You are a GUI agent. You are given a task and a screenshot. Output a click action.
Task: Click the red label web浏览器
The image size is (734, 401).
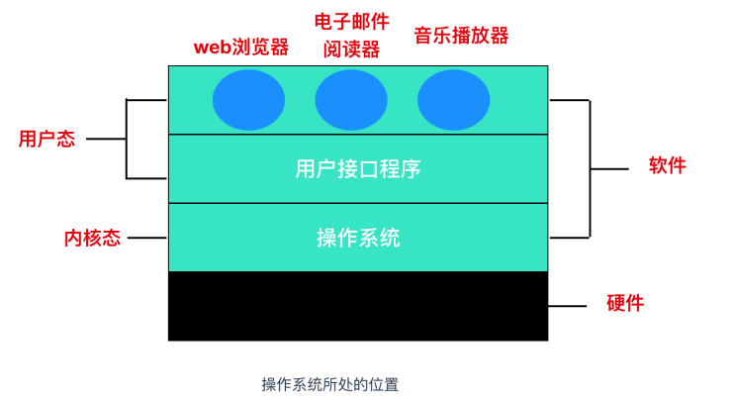tap(241, 47)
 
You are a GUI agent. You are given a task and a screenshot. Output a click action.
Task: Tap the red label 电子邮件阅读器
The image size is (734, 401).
tap(351, 36)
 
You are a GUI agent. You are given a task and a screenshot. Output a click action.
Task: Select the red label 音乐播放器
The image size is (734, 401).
tap(461, 37)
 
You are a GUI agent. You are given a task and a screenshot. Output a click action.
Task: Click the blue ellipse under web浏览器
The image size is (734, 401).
tap(249, 101)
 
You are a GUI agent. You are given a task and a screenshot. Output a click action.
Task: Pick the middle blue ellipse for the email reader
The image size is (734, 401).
tap(351, 101)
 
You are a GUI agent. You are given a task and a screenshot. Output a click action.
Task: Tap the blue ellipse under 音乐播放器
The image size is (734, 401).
tap(453, 101)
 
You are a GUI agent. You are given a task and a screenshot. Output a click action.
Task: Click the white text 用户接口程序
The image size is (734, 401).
tap(358, 169)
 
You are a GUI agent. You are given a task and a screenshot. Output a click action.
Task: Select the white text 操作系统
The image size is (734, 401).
tap(358, 239)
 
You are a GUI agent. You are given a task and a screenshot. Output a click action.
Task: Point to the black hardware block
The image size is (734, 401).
tap(358, 306)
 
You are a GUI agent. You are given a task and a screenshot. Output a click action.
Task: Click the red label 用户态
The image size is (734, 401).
tap(46, 140)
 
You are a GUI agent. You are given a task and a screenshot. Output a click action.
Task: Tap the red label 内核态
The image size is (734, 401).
tap(92, 239)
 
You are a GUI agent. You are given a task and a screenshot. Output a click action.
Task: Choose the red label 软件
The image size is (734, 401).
tap(667, 165)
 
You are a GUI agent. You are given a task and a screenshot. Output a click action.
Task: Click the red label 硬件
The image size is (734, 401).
tap(624, 303)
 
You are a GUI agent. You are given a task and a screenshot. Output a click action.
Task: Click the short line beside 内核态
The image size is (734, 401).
tap(147, 238)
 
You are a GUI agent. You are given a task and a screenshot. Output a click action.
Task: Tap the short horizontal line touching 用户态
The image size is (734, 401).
tap(106, 140)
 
